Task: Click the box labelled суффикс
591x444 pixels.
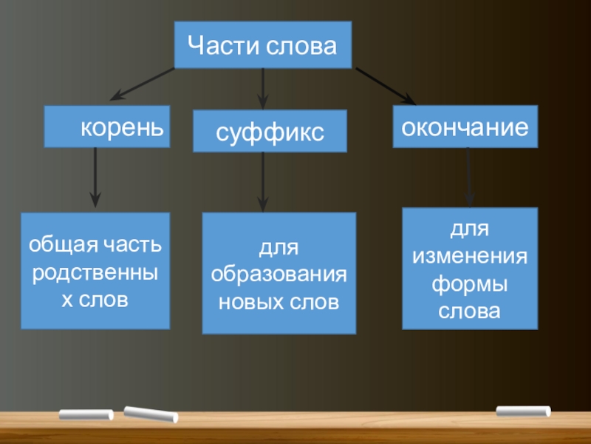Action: coord(270,132)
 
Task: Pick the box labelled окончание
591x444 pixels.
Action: coord(465,126)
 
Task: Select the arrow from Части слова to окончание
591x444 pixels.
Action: coord(385,86)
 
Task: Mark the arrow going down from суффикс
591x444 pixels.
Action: coord(263,182)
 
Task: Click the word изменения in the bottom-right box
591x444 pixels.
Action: coord(470,256)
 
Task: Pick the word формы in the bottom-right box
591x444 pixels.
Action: coord(470,283)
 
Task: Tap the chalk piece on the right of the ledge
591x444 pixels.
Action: coord(523,411)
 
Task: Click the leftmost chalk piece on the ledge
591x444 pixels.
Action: coord(86,414)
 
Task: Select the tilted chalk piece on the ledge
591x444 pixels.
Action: coord(151,414)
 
